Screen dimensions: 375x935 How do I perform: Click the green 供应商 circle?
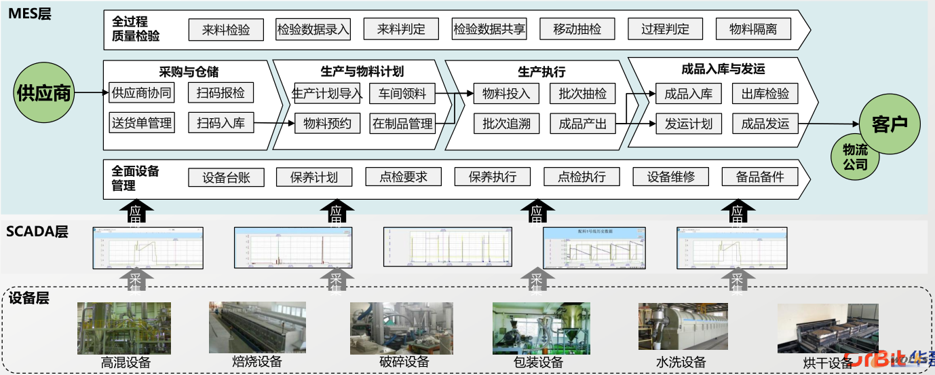click(44, 93)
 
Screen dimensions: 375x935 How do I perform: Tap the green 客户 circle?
click(890, 124)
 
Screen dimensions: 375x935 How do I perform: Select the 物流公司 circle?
click(855, 157)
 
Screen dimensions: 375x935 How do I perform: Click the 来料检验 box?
click(226, 30)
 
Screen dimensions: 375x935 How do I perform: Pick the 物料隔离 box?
click(753, 29)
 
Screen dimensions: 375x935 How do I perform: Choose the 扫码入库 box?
click(221, 123)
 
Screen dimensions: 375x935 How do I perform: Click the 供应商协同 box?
click(141, 93)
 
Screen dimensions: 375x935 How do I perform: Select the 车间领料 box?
click(402, 93)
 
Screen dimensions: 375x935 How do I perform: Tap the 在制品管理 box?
click(402, 124)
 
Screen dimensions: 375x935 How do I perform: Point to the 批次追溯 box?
click(506, 124)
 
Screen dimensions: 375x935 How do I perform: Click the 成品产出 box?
click(583, 124)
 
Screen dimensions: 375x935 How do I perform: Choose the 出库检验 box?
click(765, 94)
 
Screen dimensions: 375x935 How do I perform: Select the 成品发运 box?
click(765, 124)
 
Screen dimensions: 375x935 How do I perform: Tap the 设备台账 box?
click(226, 177)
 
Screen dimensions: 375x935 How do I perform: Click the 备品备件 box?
click(760, 177)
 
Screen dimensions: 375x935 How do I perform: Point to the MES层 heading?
click(29, 13)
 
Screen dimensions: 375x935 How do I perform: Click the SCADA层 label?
click(37, 232)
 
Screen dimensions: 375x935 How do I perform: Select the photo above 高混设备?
click(124, 328)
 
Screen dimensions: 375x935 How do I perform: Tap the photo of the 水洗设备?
click(683, 327)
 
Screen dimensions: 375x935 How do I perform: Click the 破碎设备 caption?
click(404, 362)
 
